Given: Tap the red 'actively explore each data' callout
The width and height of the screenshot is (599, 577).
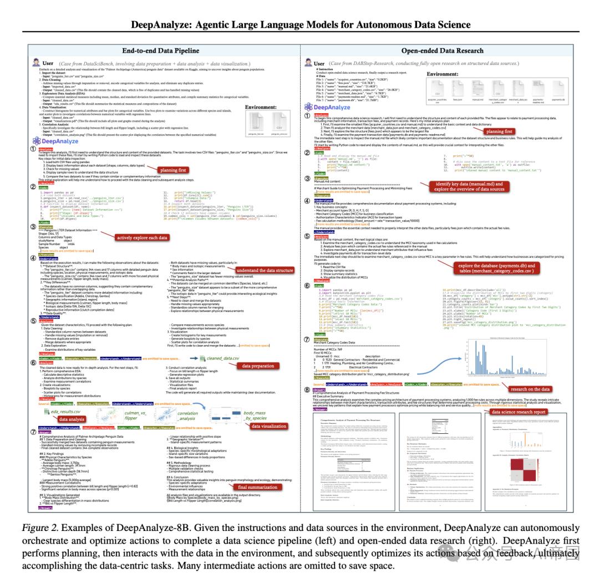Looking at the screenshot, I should (142, 237).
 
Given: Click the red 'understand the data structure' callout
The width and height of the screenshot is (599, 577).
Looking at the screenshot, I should (265, 270).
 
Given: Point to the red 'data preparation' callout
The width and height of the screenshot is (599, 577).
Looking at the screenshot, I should (256, 366).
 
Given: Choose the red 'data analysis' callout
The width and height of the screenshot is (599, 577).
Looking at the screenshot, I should (72, 419).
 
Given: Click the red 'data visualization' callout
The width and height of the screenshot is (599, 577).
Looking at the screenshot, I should (269, 426).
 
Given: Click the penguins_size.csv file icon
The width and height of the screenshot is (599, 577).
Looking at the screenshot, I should (280, 122).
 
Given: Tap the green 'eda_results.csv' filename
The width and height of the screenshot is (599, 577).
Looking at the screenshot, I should (66, 412).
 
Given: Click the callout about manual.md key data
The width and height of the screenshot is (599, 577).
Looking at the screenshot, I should (469, 186).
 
